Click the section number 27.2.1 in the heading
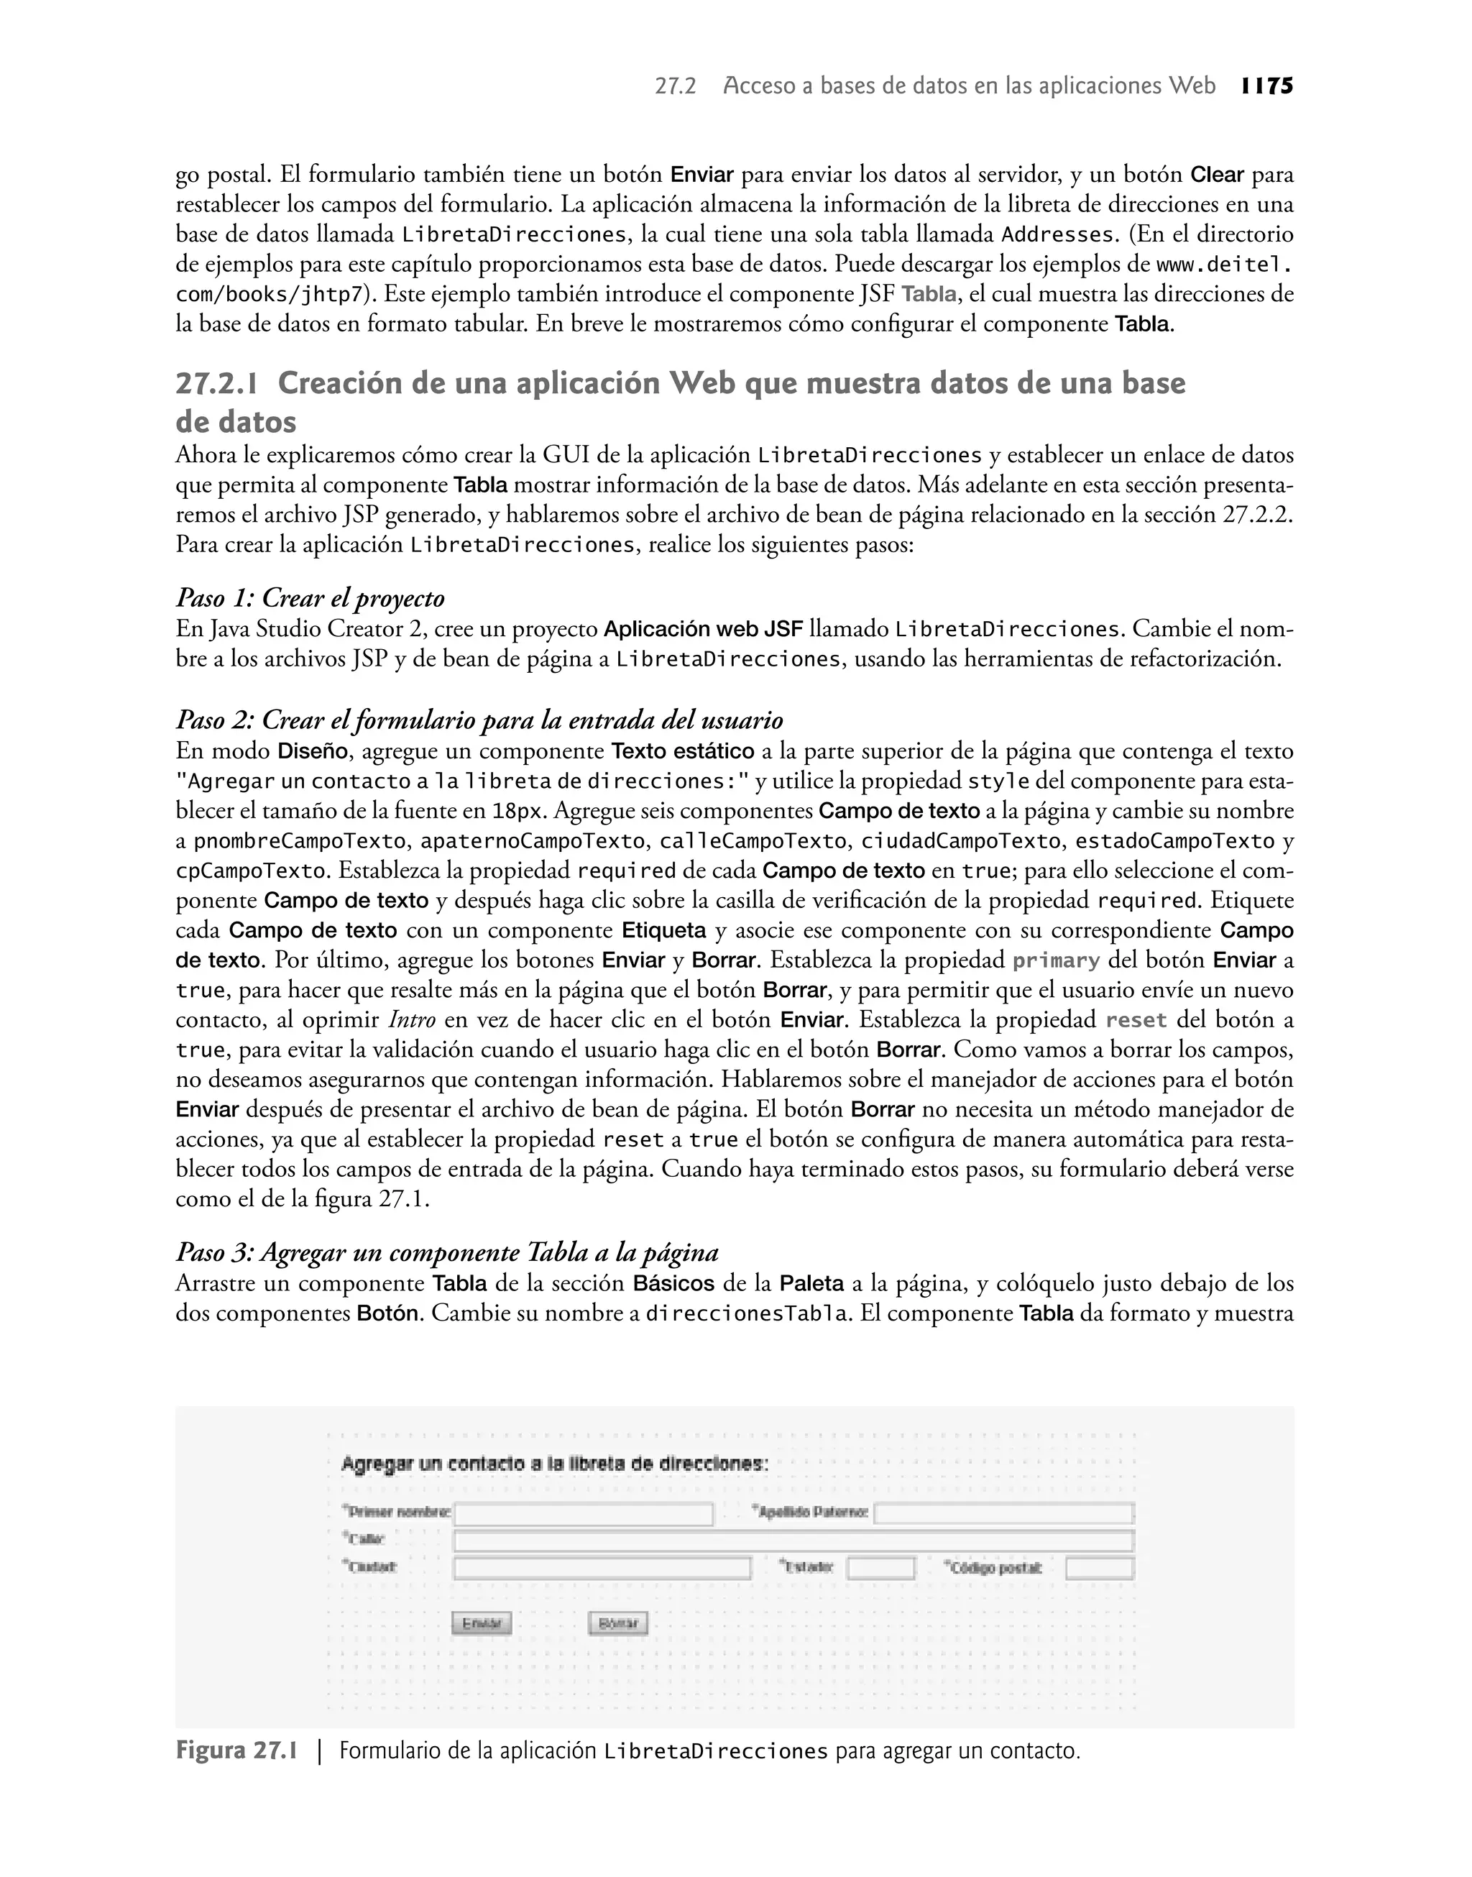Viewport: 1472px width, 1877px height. pyautogui.click(x=221, y=383)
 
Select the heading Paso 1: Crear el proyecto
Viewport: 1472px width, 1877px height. pyautogui.click(x=310, y=597)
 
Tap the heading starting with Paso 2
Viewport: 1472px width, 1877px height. pyautogui.click(x=479, y=720)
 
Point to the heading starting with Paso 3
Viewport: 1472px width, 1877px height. pyautogui.click(x=446, y=1252)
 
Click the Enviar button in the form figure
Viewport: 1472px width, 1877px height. pyautogui.click(x=482, y=1624)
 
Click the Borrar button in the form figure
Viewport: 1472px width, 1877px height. pyautogui.click(x=617, y=1624)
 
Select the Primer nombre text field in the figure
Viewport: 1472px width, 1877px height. pyautogui.click(x=584, y=1514)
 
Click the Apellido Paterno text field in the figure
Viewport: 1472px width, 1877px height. pyautogui.click(x=1003, y=1514)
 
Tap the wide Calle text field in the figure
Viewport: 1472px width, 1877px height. pyautogui.click(x=793, y=1541)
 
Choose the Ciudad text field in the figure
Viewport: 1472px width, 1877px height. pyautogui.click(x=602, y=1568)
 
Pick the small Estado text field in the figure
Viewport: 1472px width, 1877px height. pyautogui.click(x=880, y=1568)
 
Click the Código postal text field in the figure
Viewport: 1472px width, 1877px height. pyautogui.click(x=1099, y=1568)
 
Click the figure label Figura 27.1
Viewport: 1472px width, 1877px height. pyautogui.click(x=236, y=1751)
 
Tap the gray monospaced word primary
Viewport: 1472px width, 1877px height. pyautogui.click(x=1056, y=961)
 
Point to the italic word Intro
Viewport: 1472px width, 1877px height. pyautogui.click(x=412, y=1020)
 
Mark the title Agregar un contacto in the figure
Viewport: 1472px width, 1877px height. pyautogui.click(x=554, y=1464)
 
